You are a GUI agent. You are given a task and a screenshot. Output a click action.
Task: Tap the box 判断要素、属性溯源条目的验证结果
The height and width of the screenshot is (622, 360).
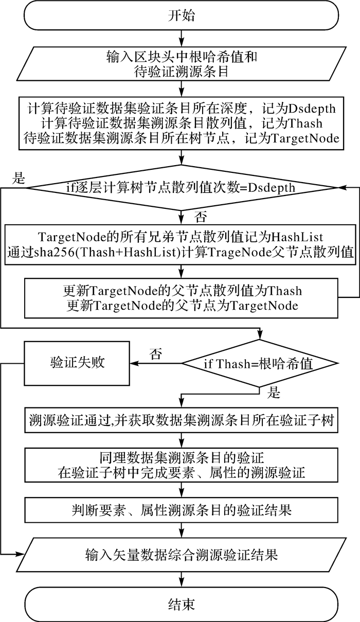pyautogui.click(x=181, y=510)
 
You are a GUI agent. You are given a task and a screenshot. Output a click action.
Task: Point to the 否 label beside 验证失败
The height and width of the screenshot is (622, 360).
pyautogui.click(x=155, y=353)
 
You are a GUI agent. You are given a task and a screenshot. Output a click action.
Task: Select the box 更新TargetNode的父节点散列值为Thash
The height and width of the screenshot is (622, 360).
pyautogui.click(x=181, y=297)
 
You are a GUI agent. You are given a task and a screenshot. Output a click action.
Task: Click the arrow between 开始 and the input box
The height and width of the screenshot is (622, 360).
pyautogui.click(x=181, y=38)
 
